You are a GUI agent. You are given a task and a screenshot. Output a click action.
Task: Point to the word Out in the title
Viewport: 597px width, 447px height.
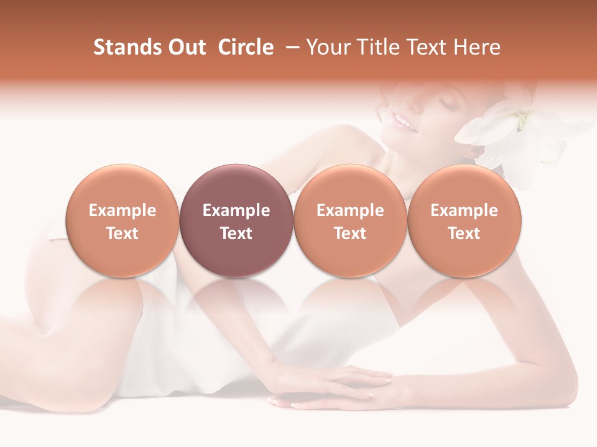coord(187,47)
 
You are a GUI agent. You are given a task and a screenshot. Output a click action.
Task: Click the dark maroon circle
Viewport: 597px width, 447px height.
coord(236,220)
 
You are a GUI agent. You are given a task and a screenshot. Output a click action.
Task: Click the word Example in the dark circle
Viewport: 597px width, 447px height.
coord(236,210)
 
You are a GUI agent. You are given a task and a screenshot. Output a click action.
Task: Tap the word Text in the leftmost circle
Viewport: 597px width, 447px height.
coord(122,233)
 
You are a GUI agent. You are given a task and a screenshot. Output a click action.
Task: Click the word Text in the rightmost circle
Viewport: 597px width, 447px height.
coord(464,233)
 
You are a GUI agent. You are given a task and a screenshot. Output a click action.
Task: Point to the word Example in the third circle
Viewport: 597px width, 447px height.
coord(350,210)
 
